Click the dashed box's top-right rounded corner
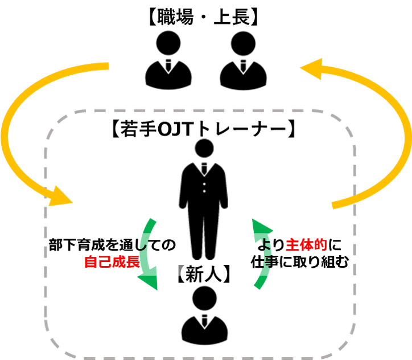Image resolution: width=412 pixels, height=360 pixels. click(344, 123)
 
